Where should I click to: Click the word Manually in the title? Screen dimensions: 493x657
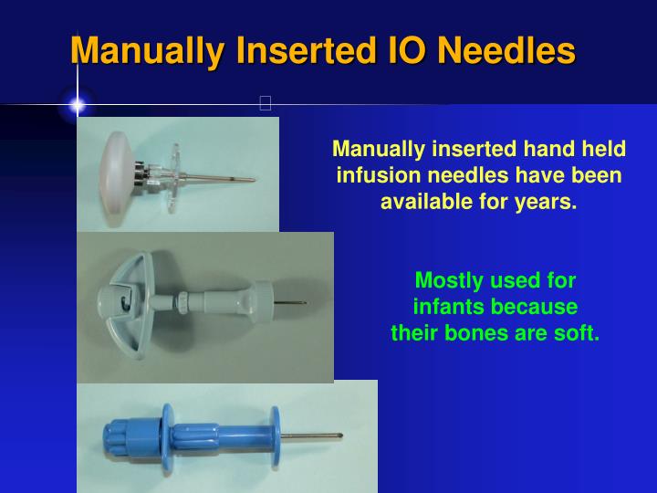[147, 49]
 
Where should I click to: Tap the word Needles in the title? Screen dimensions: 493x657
[506, 49]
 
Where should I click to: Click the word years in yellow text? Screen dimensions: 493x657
[548, 200]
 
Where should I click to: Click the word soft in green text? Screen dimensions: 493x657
[579, 332]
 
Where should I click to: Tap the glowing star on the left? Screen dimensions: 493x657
[78, 105]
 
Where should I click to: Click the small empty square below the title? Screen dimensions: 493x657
[266, 103]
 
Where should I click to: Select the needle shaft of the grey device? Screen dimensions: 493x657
[290, 302]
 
